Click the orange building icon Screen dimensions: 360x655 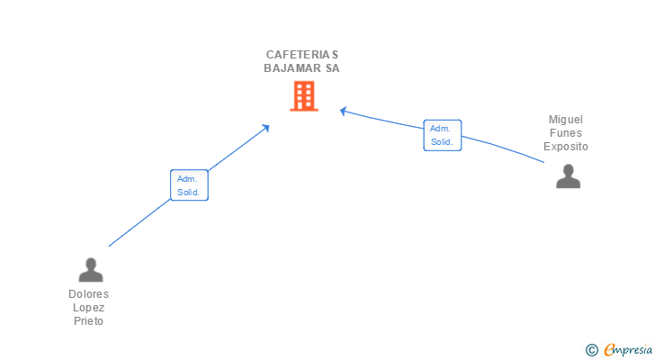click(303, 96)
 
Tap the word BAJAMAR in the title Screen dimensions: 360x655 click(290, 67)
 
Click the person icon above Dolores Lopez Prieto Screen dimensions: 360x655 click(90, 269)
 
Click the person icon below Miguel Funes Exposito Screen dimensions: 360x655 click(568, 176)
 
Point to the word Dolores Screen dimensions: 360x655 click(88, 294)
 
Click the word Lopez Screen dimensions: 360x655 click(88, 308)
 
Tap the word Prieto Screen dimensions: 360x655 click(88, 321)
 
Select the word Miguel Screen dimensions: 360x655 click(566, 120)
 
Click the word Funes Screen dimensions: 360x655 click(566, 133)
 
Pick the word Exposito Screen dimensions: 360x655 click(566, 147)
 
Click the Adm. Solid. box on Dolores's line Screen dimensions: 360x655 click(189, 185)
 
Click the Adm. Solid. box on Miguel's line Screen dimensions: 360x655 click(442, 135)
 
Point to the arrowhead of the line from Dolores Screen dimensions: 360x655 click(266, 127)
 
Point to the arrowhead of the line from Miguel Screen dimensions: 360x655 click(343, 111)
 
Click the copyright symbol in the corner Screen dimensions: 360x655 click(591, 350)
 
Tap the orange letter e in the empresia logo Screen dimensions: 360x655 click(609, 350)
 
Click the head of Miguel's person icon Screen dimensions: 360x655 click(568, 169)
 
